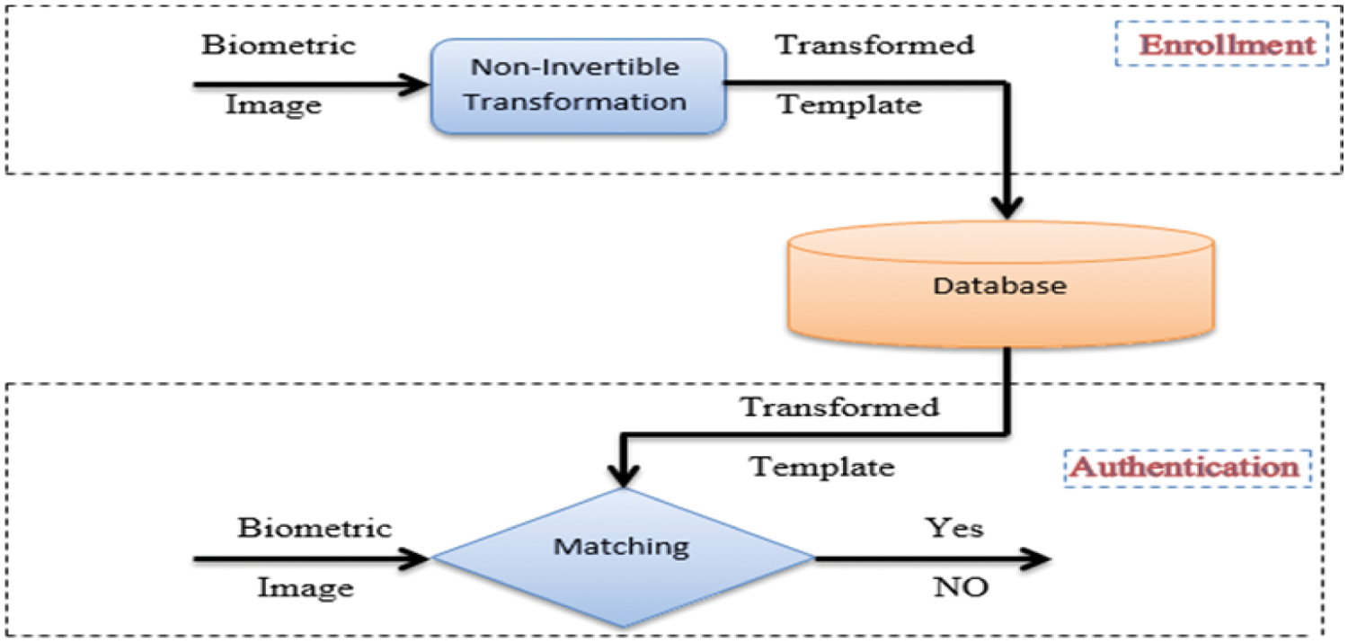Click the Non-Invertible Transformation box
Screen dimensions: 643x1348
pos(578,85)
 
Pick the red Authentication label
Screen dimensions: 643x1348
pos(1186,468)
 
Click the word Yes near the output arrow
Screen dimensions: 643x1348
pos(954,527)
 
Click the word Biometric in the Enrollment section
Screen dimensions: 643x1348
pos(279,44)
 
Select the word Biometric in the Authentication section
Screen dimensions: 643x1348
pos(315,527)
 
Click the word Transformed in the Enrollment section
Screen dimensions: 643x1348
pos(875,44)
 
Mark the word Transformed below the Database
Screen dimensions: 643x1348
pos(839,406)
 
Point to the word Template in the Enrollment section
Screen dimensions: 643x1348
pos(849,104)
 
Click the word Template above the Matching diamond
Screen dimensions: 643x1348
pos(822,467)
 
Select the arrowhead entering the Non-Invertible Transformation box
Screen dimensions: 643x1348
pos(415,85)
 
